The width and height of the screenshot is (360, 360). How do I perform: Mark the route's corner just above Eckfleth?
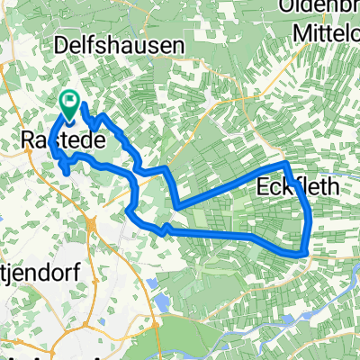(286, 165)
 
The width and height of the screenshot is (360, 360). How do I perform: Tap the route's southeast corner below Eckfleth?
(306, 252)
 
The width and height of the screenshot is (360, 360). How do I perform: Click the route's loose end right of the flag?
(84, 105)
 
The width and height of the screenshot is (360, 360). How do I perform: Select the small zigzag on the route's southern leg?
(166, 230)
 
